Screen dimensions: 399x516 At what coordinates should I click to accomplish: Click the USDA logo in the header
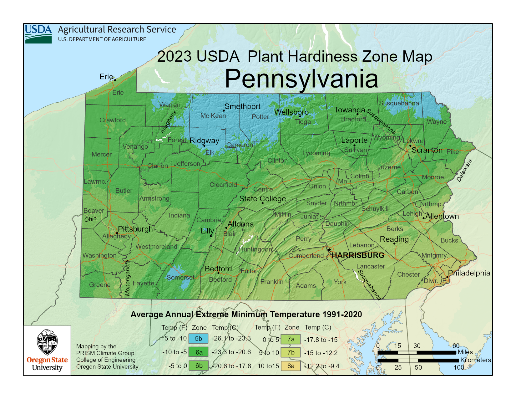pyautogui.click(x=38, y=34)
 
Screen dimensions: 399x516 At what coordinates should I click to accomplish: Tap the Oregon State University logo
pyautogui.click(x=47, y=350)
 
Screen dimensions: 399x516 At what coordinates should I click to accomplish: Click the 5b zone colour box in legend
pyautogui.click(x=198, y=339)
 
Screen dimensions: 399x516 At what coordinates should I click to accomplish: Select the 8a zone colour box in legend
pyautogui.click(x=291, y=366)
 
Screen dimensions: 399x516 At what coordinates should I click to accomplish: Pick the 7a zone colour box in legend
pyautogui.click(x=291, y=339)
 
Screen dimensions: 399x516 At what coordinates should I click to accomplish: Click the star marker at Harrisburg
pyautogui.click(x=329, y=250)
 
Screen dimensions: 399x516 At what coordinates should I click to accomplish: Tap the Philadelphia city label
pyautogui.click(x=469, y=273)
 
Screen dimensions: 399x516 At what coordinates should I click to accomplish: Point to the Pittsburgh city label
pyautogui.click(x=135, y=229)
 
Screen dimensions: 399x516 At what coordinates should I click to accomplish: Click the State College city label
pyautogui.click(x=262, y=199)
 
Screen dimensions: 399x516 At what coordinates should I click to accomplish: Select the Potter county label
pyautogui.click(x=260, y=117)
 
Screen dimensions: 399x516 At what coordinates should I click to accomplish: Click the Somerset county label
pyautogui.click(x=180, y=278)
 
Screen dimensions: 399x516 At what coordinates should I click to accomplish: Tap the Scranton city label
pyautogui.click(x=427, y=150)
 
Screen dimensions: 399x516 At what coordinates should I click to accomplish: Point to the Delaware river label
pyautogui.click(x=464, y=171)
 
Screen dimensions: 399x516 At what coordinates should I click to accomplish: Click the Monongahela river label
pyautogui.click(x=128, y=278)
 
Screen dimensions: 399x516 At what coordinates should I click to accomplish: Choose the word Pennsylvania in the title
pyautogui.click(x=301, y=79)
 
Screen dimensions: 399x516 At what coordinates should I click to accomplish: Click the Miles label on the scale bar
pyautogui.click(x=465, y=352)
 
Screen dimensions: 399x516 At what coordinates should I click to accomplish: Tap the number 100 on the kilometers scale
pyautogui.click(x=459, y=367)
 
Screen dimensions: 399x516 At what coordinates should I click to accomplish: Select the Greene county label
pyautogui.click(x=100, y=285)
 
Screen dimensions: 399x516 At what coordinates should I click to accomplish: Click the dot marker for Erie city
pyautogui.click(x=115, y=80)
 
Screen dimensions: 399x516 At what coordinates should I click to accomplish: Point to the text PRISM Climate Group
pyautogui.click(x=105, y=353)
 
